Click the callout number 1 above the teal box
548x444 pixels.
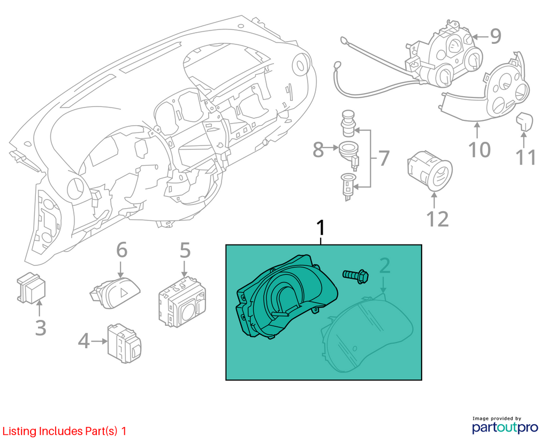point(321,228)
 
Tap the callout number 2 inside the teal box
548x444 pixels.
point(384,266)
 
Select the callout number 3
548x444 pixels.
point(41,328)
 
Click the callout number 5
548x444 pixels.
point(185,250)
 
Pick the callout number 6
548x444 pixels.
point(121,250)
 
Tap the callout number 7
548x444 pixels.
point(384,158)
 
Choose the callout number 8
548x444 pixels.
point(318,149)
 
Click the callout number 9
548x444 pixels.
point(496,36)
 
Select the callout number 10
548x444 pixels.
point(479,149)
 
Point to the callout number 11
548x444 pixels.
point(526,158)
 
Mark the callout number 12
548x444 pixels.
point(438,219)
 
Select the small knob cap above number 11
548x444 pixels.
point(524,121)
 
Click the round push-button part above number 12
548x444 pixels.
point(430,171)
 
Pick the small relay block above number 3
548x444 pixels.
point(31,288)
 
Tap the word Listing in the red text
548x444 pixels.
point(19,431)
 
